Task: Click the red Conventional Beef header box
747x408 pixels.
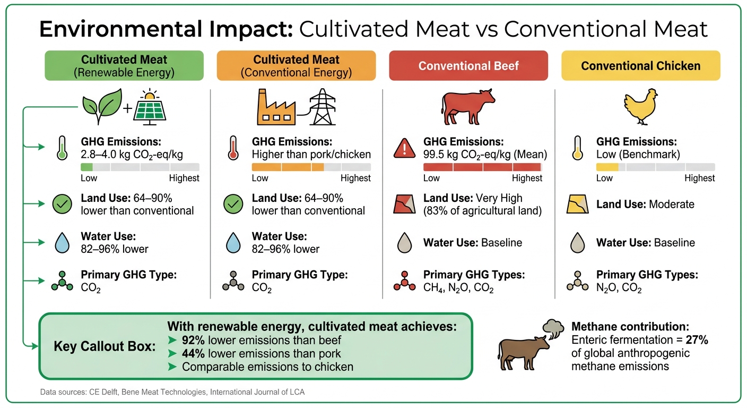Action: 468,66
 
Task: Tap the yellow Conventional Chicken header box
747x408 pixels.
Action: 640,66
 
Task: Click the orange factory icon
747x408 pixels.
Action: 276,108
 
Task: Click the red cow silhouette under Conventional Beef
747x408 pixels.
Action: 467,107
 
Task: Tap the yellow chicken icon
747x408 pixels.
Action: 641,106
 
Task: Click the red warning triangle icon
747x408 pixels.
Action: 404,148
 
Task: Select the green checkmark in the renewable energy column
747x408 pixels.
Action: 62,205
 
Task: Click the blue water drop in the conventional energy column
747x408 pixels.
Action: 233,243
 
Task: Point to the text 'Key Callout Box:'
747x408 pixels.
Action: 105,347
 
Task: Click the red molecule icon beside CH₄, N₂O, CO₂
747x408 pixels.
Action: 405,282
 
